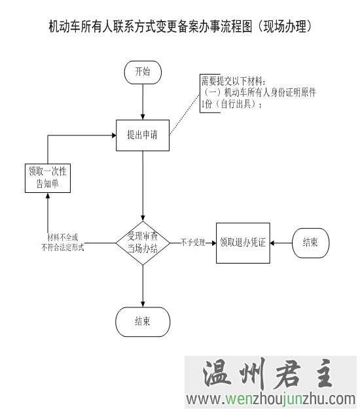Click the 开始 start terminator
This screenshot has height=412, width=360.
click(x=143, y=72)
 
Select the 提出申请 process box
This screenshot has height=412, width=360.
click(x=143, y=135)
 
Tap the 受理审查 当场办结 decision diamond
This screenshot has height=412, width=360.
click(x=143, y=243)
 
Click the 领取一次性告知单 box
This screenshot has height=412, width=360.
click(x=48, y=178)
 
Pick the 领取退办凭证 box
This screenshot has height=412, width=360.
click(x=243, y=243)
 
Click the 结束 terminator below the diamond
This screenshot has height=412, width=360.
click(x=143, y=322)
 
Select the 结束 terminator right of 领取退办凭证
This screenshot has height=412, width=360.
click(x=310, y=243)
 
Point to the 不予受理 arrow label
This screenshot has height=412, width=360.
click(x=193, y=243)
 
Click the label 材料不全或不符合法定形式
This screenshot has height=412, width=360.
click(x=63, y=243)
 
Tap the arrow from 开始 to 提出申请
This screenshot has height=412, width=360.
click(x=143, y=102)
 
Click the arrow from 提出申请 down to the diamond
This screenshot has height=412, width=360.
click(x=143, y=186)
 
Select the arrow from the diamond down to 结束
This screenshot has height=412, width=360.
click(x=143, y=286)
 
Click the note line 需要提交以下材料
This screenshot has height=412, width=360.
click(x=234, y=81)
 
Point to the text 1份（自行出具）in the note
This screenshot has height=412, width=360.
click(x=232, y=105)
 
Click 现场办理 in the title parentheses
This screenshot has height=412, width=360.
click(x=285, y=26)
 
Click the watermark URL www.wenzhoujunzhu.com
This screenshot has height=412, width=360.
click(x=271, y=399)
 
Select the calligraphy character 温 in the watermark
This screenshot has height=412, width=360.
click(x=216, y=373)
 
